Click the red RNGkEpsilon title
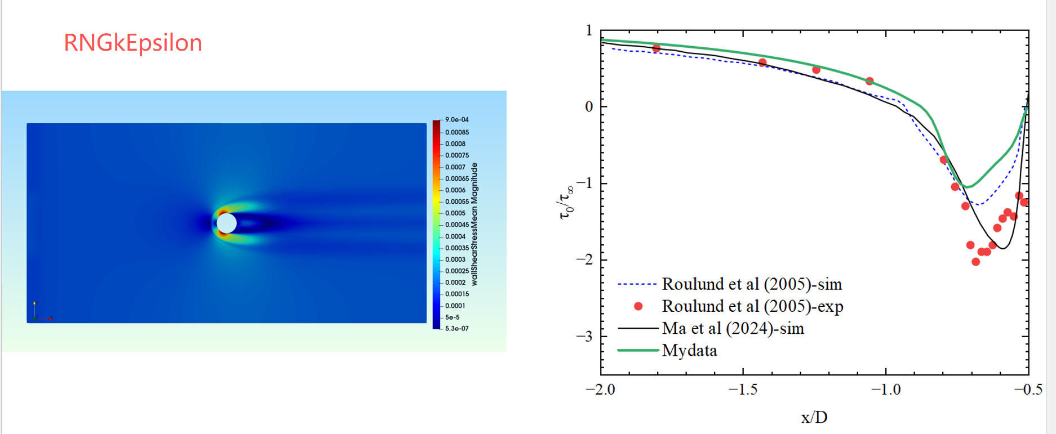tap(133, 43)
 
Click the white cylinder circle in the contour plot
tap(227, 223)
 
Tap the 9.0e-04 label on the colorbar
tap(456, 120)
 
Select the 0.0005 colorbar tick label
tap(455, 213)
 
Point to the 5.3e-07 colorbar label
tap(456, 329)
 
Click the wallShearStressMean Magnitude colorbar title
tap(474, 224)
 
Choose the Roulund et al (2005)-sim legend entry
tap(751, 284)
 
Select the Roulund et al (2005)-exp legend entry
tap(752, 306)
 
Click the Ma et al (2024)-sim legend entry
tap(733, 328)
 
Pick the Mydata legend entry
tap(689, 351)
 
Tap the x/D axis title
tap(814, 417)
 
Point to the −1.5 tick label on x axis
tap(743, 390)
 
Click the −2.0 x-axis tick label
tap(600, 390)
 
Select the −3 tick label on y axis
tap(585, 337)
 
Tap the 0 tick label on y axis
tap(589, 107)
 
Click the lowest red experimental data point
tap(975, 262)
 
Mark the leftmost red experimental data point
tap(656, 48)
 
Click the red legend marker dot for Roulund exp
tap(638, 306)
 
